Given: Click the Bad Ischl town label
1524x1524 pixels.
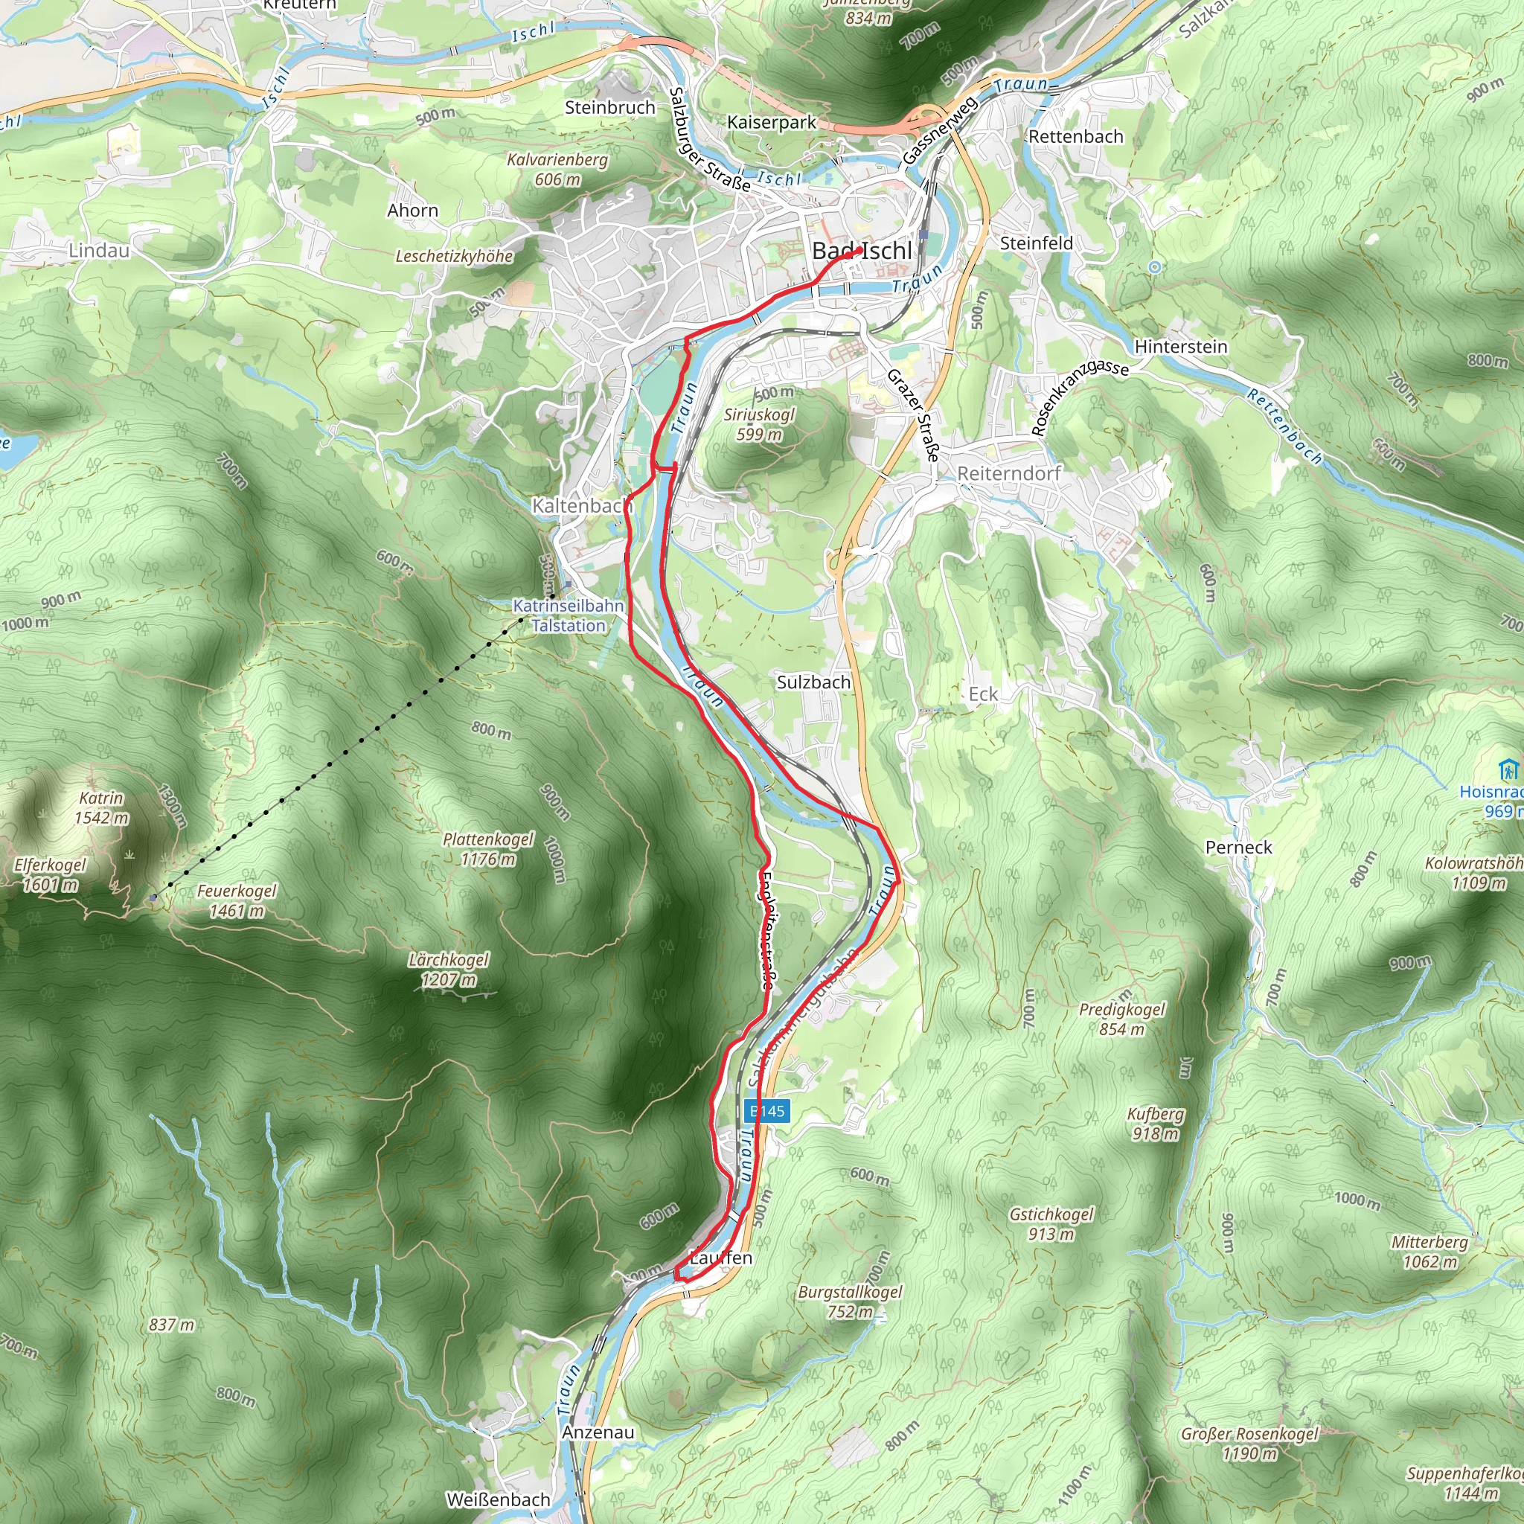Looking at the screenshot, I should tap(862, 251).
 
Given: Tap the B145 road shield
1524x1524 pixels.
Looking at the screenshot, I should tap(766, 1112).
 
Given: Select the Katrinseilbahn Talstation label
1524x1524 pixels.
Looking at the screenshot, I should tap(568, 615).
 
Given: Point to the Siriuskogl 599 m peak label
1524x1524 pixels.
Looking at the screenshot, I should tap(759, 423).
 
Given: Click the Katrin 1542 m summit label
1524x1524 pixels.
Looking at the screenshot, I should tap(101, 807).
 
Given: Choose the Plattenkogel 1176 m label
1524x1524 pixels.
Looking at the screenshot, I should tap(488, 849).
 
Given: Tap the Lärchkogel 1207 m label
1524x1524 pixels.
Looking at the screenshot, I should tap(448, 970).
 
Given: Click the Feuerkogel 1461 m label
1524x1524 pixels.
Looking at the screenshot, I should tap(237, 900).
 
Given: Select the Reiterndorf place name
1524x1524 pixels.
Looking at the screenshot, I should tap(1009, 473).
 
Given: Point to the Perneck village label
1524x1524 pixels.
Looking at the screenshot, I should tap(1238, 847).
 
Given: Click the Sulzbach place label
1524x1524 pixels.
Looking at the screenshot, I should tap(813, 682).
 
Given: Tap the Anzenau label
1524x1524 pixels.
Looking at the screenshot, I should tap(598, 1432).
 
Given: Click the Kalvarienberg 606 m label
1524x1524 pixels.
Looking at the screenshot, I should tap(557, 170).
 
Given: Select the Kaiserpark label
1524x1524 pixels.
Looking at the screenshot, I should tap(772, 122).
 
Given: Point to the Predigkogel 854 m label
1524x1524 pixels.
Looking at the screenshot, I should tap(1121, 1019).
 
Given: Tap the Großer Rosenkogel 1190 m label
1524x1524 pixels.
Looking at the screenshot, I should tap(1249, 1443).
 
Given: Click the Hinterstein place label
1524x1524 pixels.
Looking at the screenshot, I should tap(1180, 346).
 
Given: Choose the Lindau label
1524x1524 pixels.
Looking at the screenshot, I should tap(99, 250).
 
